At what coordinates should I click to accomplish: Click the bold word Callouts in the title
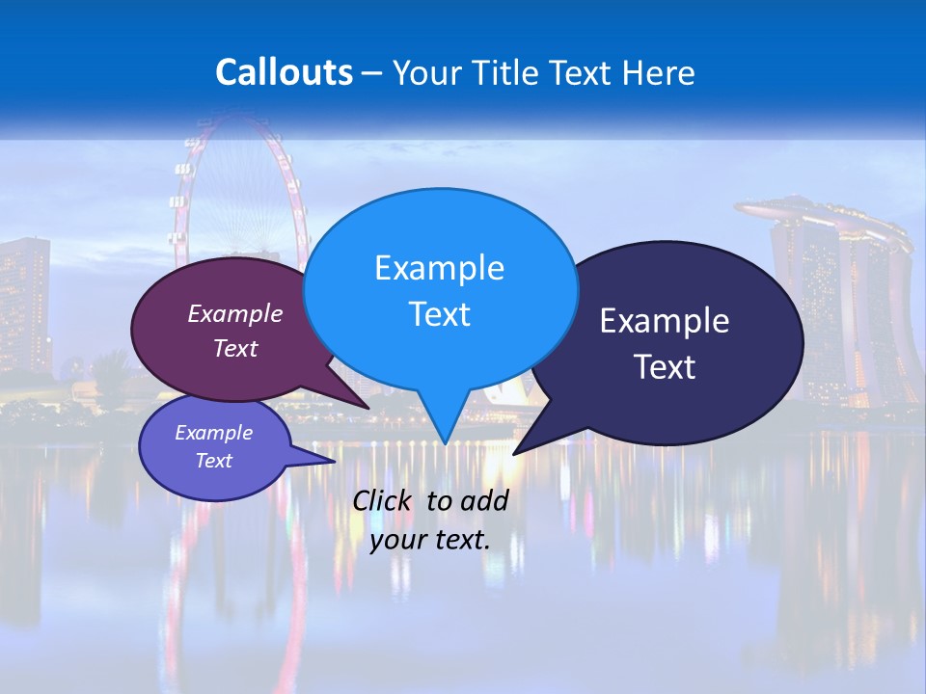[x=284, y=72]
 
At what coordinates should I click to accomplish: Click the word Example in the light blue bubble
[x=439, y=268]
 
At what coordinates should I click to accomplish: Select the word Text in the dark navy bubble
[x=665, y=367]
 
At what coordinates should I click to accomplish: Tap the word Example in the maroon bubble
[x=234, y=313]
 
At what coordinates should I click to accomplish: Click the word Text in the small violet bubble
[x=214, y=461]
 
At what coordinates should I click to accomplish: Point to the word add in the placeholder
[x=483, y=500]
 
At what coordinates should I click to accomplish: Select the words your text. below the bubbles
[x=430, y=540]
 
